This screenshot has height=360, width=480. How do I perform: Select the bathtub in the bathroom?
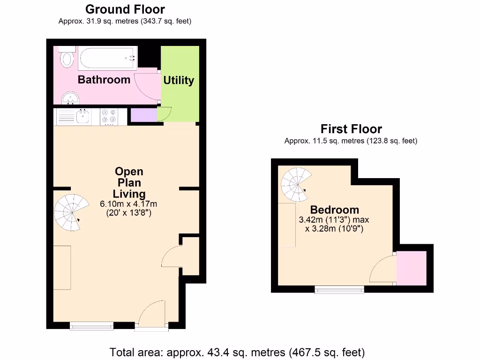[108, 58]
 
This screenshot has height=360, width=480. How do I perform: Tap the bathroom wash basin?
[70, 98]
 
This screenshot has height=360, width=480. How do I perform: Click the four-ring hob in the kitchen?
[109, 117]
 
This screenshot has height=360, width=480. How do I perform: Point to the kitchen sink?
[82, 117]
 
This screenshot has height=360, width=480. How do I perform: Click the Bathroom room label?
[104, 80]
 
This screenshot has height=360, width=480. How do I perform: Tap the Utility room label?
[179, 80]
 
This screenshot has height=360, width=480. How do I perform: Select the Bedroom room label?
[334, 210]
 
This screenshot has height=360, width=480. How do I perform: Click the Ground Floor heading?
[125, 9]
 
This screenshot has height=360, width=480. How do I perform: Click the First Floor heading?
[351, 129]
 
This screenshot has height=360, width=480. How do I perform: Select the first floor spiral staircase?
[296, 184]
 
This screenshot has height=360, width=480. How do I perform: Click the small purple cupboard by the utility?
[144, 115]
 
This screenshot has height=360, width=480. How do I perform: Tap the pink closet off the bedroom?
[412, 268]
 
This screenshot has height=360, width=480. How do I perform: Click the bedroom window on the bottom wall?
[339, 289]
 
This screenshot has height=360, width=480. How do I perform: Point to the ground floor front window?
[91, 326]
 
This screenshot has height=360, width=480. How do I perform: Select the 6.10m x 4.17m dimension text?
[128, 204]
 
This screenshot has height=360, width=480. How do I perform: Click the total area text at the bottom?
[237, 352]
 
